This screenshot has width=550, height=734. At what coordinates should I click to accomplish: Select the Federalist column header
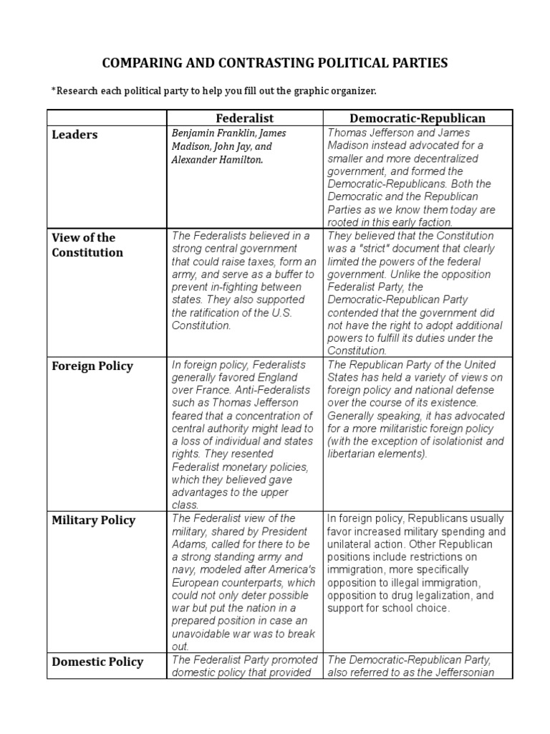245,118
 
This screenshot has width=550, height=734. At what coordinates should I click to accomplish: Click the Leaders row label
74,135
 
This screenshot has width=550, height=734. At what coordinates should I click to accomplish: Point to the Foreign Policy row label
92,366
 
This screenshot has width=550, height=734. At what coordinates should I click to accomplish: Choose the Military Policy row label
93,520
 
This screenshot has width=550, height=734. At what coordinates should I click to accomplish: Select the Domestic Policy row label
97,662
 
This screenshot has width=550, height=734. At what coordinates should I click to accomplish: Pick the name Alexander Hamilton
216,159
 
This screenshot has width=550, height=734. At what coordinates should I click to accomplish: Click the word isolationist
458,441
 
